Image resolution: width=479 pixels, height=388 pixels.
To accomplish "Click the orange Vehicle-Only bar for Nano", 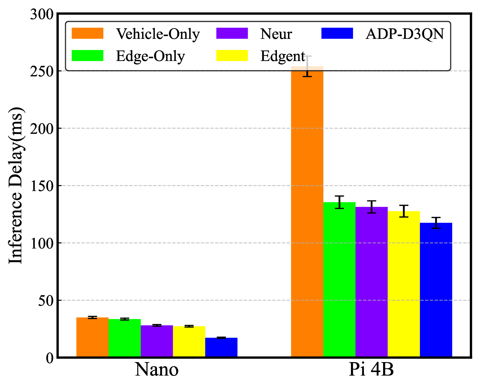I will [x=92, y=337].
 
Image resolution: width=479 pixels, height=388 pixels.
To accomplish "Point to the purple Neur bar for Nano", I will [x=157, y=341].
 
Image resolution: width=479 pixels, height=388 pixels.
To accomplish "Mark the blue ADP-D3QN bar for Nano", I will [x=221, y=348].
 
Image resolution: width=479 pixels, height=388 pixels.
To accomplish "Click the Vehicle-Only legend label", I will [x=158, y=34].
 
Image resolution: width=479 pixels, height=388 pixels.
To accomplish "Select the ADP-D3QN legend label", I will [x=405, y=34].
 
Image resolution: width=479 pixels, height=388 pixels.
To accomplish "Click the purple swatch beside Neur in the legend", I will [x=232, y=33].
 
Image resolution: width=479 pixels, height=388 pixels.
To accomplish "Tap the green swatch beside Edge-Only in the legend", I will [x=87, y=56].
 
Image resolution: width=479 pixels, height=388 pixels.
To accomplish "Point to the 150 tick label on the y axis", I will [x=42, y=186].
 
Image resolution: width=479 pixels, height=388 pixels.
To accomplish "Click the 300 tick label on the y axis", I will [x=42, y=14].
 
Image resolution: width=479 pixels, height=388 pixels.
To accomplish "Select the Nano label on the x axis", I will [x=157, y=370].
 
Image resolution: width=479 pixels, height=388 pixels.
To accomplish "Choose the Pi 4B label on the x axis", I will [x=371, y=370].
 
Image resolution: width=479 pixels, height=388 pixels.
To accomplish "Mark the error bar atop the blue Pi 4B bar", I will [x=436, y=223].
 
